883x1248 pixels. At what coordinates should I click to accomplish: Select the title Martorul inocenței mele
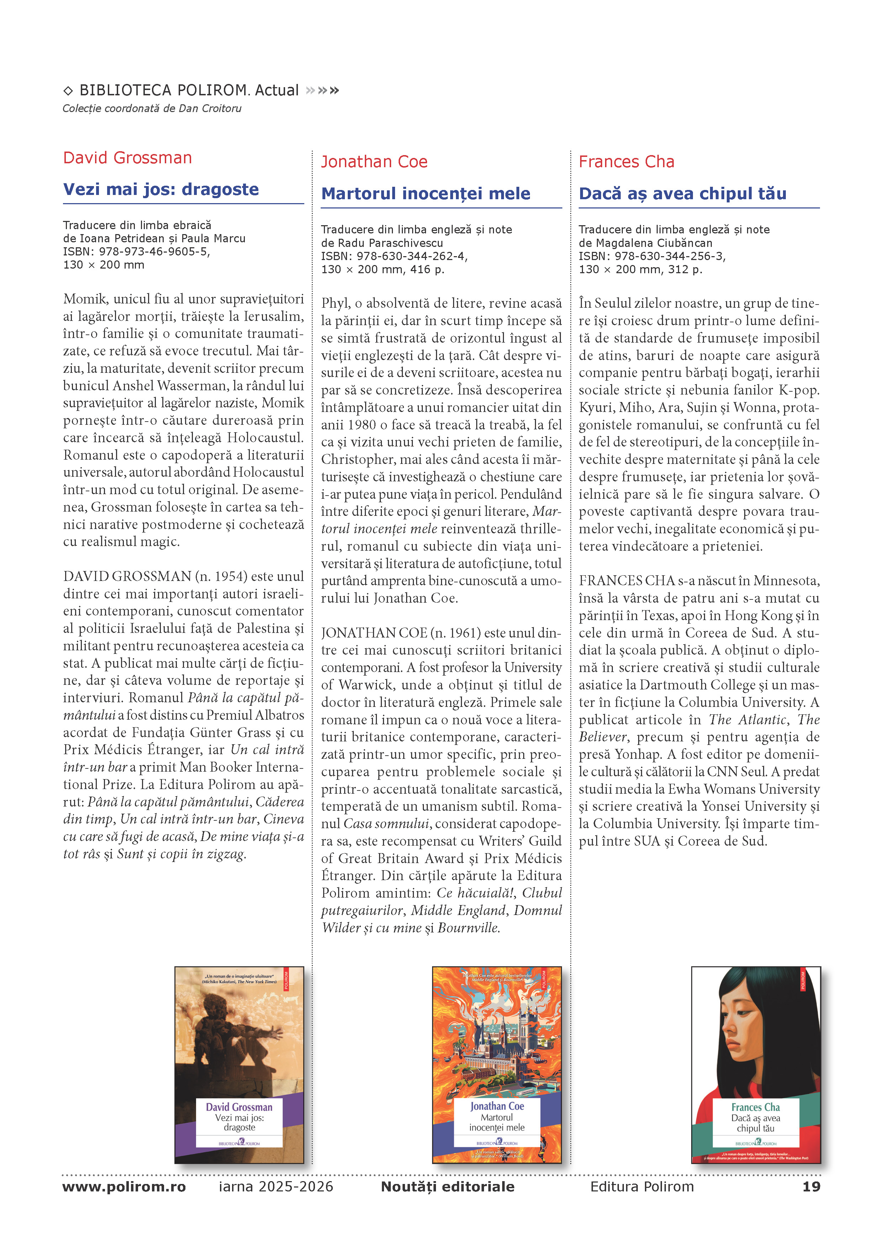(x=425, y=194)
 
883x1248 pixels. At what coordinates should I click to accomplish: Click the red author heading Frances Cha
(x=626, y=162)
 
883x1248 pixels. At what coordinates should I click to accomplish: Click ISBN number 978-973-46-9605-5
(x=154, y=252)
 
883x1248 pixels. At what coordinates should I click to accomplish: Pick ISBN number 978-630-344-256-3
(x=670, y=256)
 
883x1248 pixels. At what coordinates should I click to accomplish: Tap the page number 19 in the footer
(x=811, y=1186)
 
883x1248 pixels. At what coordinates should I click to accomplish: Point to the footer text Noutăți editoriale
(x=447, y=1186)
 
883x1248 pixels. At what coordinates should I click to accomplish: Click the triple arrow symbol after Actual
(x=323, y=90)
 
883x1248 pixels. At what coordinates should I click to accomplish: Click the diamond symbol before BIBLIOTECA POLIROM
(x=68, y=91)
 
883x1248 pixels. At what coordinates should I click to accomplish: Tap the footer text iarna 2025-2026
(x=276, y=1186)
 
